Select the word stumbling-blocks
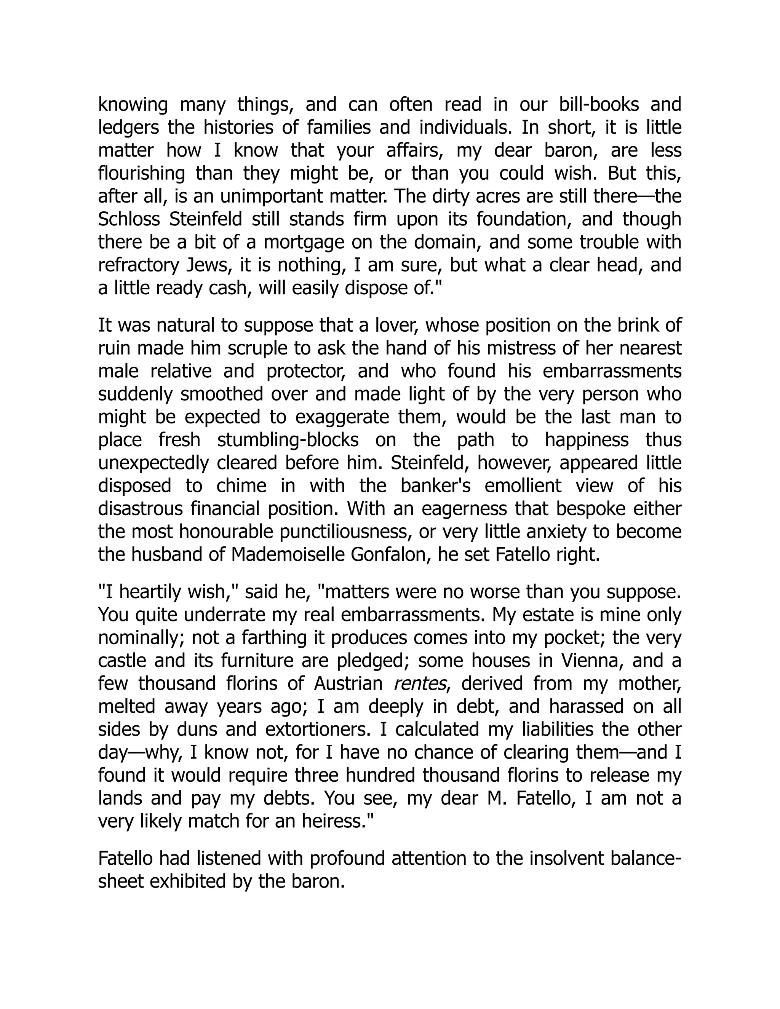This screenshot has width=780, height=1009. coord(288,439)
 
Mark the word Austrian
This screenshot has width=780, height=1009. coord(348,683)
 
